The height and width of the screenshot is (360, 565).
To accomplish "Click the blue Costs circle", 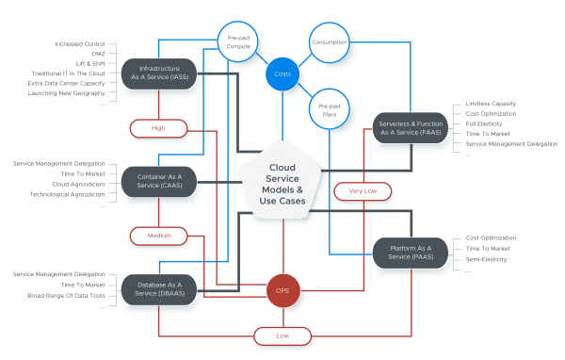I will [282, 74].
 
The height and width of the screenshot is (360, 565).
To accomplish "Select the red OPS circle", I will [282, 290].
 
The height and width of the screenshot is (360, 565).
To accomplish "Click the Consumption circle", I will [329, 42].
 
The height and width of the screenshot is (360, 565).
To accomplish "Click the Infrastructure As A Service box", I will [159, 74].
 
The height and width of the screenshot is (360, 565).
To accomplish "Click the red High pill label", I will [158, 126].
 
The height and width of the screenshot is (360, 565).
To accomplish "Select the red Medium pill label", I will [158, 235].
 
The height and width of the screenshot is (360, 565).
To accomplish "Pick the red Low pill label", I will [282, 334].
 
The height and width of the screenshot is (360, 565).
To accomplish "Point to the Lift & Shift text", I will [90, 63].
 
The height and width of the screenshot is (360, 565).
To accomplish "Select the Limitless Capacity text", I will [491, 104].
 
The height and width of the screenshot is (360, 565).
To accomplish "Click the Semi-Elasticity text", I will [487, 258].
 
